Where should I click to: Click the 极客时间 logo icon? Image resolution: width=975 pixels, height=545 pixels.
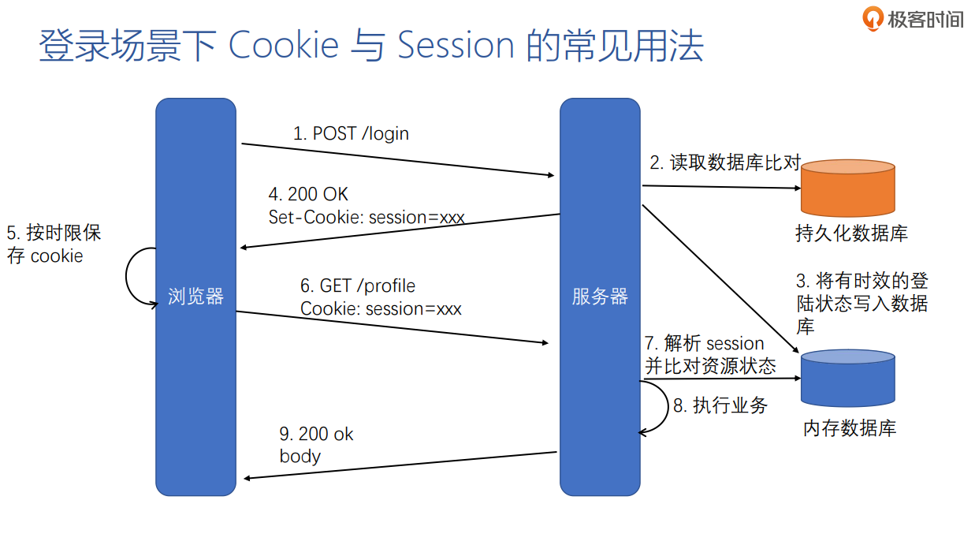(873, 18)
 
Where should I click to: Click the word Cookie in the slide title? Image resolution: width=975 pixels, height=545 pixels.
(283, 46)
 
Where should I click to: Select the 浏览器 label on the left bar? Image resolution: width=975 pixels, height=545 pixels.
(195, 297)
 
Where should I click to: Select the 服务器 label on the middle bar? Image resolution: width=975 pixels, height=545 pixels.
(600, 297)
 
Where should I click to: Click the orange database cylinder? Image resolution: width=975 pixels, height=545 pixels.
(847, 188)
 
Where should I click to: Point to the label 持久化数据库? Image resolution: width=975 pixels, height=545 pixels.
(851, 233)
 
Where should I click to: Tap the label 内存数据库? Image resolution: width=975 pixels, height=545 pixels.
(850, 428)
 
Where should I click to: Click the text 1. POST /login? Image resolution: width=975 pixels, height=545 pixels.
(351, 133)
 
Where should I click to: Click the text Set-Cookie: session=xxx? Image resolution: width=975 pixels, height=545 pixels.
(367, 217)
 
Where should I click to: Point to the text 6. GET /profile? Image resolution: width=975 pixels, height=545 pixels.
(358, 286)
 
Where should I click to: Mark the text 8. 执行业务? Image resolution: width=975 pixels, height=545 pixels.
(720, 405)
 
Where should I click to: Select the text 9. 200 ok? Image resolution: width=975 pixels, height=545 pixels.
(317, 434)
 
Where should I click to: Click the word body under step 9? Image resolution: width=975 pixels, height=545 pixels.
(300, 456)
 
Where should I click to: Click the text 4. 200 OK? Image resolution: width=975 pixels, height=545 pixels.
(308, 194)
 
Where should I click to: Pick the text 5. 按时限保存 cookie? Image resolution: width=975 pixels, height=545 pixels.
(54, 244)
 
